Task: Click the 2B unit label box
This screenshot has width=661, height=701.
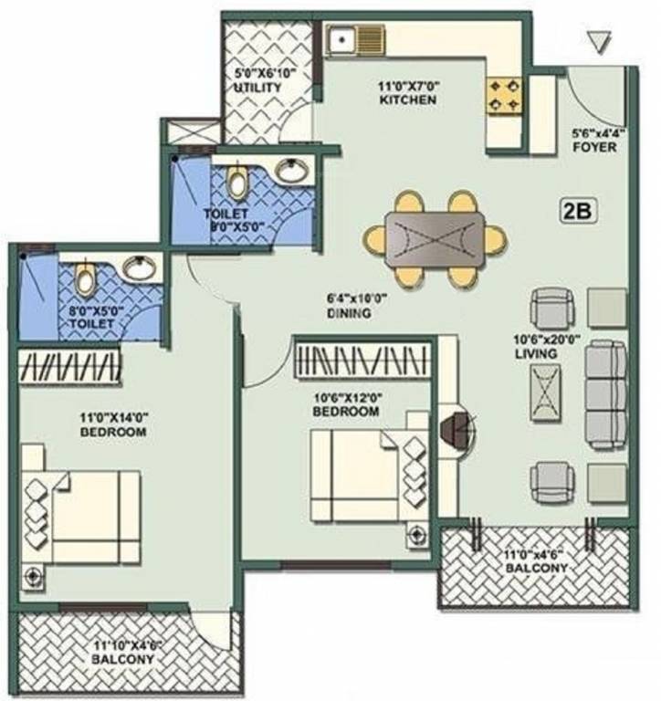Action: pyautogui.click(x=578, y=211)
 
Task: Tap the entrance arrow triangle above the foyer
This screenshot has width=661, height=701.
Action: pyautogui.click(x=599, y=42)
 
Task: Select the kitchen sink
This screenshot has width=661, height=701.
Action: pyautogui.click(x=343, y=40)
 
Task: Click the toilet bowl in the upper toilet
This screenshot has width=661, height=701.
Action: pyautogui.click(x=238, y=183)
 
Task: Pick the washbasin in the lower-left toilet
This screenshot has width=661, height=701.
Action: pyautogui.click(x=140, y=267)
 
